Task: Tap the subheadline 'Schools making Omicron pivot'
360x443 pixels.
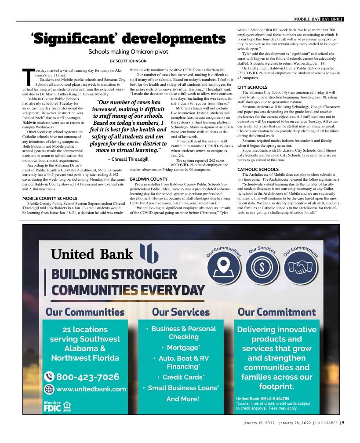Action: (128, 52)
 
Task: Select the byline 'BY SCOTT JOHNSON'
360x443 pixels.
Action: (128, 61)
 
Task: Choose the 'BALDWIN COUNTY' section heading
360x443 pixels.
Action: (149, 179)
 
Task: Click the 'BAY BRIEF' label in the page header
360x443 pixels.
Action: (332, 19)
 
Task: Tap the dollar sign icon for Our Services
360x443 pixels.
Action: (262, 267)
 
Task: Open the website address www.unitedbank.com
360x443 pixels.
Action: (85, 389)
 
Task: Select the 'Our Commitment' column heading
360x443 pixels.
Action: (276, 312)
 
